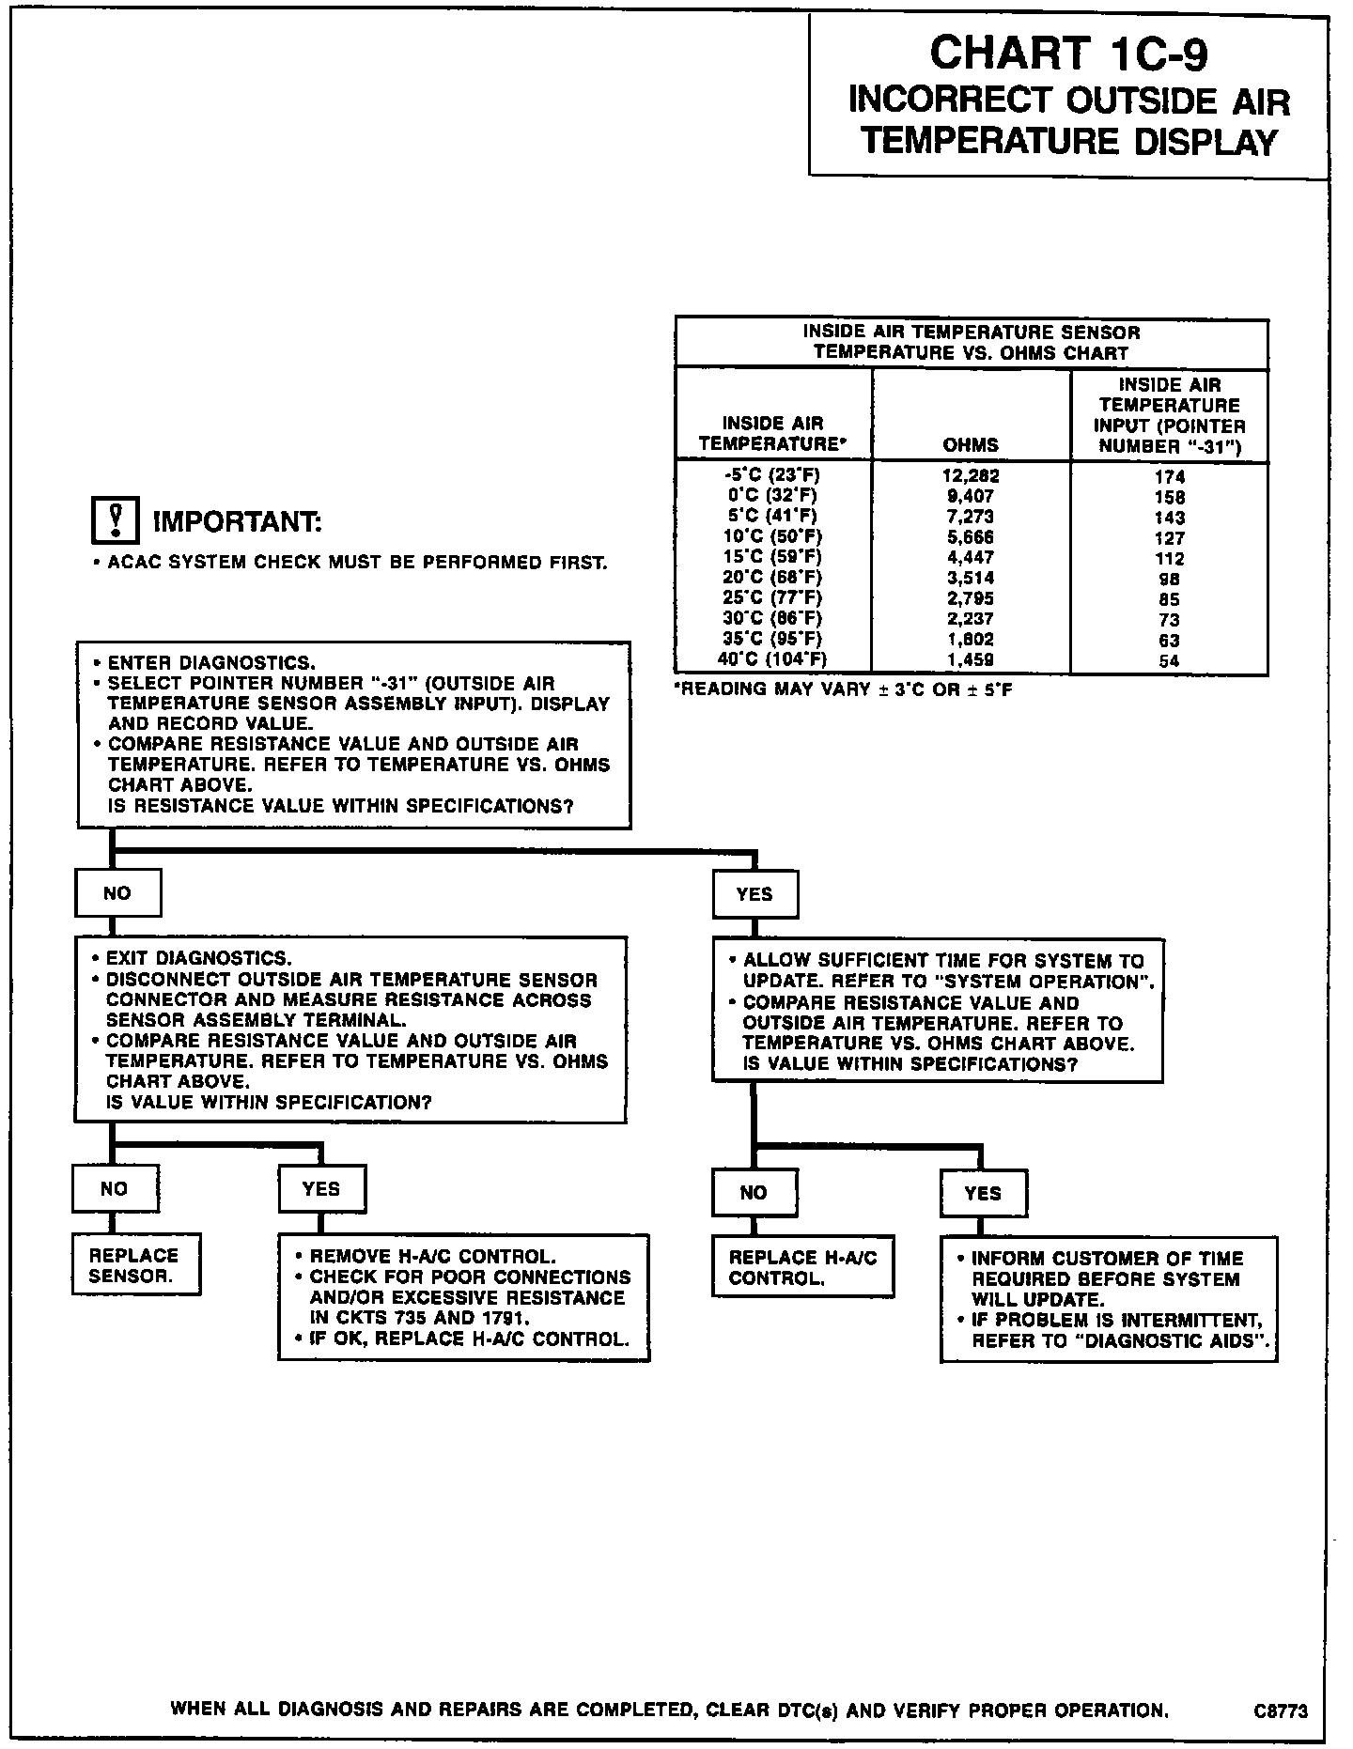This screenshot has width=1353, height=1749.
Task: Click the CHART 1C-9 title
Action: pyautogui.click(x=1068, y=54)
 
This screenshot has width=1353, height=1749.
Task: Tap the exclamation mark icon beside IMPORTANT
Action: pyautogui.click(x=115, y=519)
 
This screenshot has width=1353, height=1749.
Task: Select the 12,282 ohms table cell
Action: pyautogui.click(x=970, y=475)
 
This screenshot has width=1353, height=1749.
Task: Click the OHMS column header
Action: pyautogui.click(x=971, y=444)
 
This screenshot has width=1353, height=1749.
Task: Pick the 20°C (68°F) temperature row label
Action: pyautogui.click(x=773, y=578)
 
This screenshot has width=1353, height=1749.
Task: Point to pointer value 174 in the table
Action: pyautogui.click(x=1170, y=477)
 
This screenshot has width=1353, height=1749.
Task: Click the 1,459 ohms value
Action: pyautogui.click(x=970, y=659)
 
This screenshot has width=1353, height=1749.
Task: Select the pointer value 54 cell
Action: pyautogui.click(x=1170, y=660)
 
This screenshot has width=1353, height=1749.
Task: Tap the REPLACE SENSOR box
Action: pyautogui.click(x=136, y=1265)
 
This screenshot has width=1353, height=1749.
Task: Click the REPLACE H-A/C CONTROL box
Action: pyautogui.click(x=802, y=1267)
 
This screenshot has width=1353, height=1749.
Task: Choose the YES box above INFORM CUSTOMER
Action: pyautogui.click(x=983, y=1193)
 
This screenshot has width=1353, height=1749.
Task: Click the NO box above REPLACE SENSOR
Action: pyautogui.click(x=115, y=1189)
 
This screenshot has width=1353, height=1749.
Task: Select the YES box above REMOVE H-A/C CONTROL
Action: pyautogui.click(x=321, y=1189)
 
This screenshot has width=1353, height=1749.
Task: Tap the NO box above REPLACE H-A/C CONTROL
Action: pyautogui.click(x=754, y=1193)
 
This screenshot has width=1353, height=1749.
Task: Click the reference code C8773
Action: pyautogui.click(x=1280, y=1711)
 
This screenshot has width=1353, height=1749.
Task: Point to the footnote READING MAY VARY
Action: pyautogui.click(x=843, y=689)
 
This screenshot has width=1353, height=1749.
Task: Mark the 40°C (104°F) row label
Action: pyautogui.click(x=773, y=659)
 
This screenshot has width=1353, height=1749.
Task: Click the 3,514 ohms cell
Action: pyautogui.click(x=970, y=578)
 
